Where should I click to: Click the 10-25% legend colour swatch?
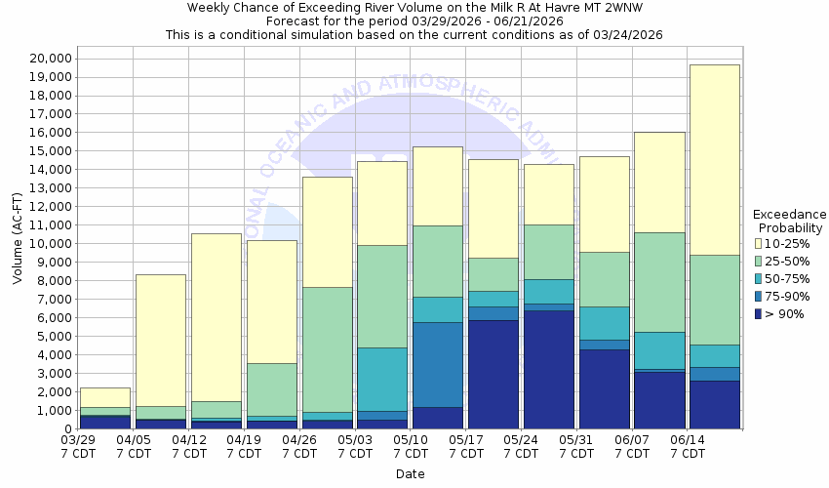point(760,243)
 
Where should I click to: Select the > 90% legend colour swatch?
point(760,313)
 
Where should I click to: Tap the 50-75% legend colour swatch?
point(760,278)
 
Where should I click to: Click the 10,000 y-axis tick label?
point(45,244)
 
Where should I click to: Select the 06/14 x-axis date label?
point(688,440)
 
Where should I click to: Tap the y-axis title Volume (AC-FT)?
point(18,244)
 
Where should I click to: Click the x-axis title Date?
point(410,474)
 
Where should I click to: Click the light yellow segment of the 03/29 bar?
point(104,397)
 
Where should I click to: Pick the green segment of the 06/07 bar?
point(659,282)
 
